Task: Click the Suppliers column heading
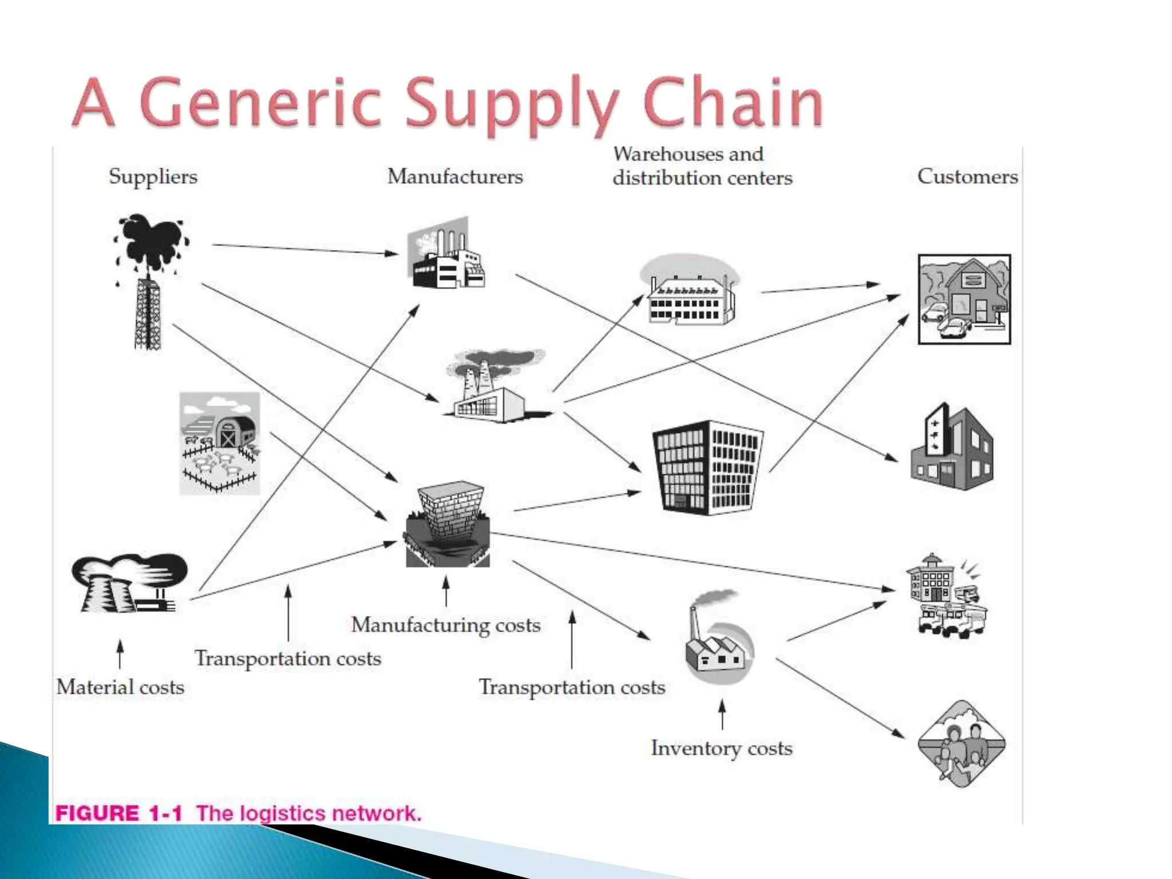tap(153, 176)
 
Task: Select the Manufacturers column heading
tap(455, 176)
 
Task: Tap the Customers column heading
tap(967, 176)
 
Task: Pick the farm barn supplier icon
tap(220, 443)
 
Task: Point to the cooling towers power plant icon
tap(129, 584)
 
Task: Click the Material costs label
tap(120, 687)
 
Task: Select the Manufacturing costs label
tap(446, 625)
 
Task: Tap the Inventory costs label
tap(722, 748)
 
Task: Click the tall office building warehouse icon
tap(707, 467)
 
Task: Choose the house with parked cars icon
tap(964, 299)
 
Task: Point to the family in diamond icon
tap(961, 744)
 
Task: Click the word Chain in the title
tap(732, 103)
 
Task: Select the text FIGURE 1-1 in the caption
tap(118, 813)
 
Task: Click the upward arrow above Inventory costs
tap(722, 714)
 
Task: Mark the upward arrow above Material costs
tap(120, 654)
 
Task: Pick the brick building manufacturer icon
tap(448, 524)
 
